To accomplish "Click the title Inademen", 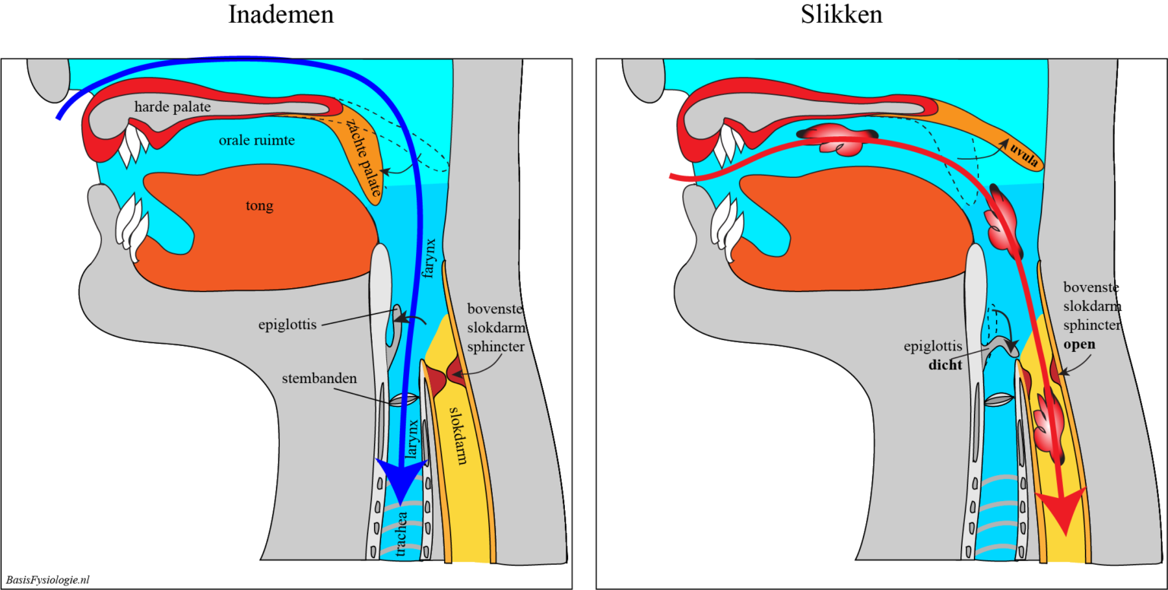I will point(281,14).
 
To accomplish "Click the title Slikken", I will point(841,14).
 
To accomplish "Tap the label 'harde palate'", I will point(173,107).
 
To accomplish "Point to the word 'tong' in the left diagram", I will point(260,205).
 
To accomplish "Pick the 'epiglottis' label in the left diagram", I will point(287,325).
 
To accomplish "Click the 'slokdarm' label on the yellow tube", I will point(459,435).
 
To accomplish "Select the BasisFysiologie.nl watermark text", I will point(47,579).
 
